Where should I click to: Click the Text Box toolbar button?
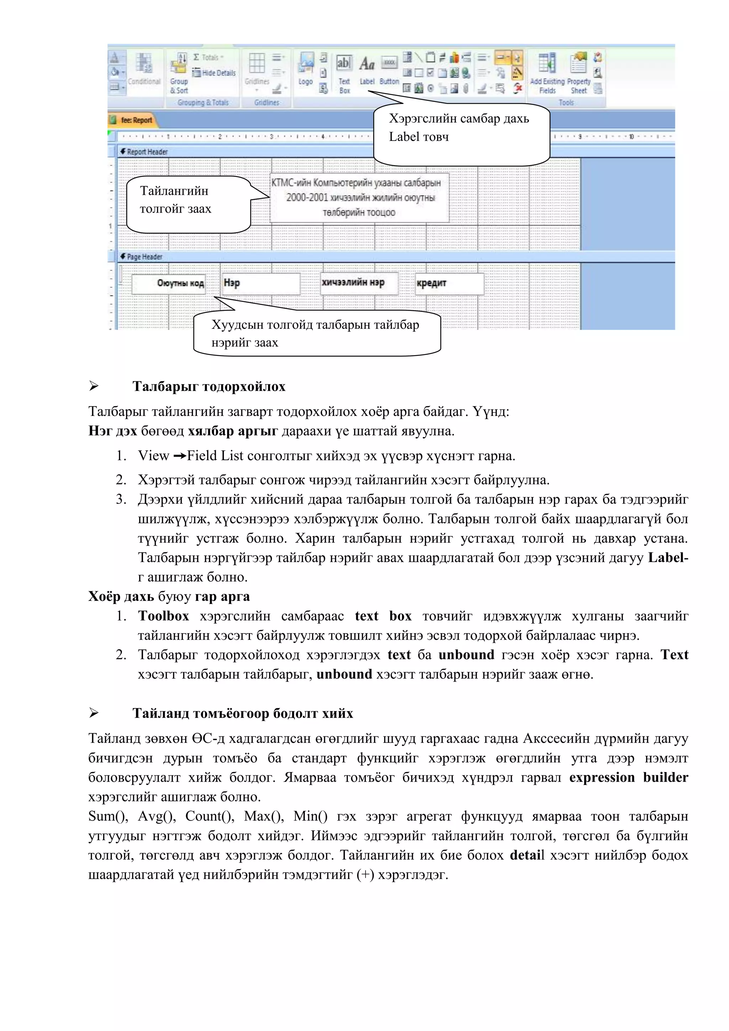(344, 72)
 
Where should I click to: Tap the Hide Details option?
(214, 73)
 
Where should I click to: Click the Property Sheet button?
(579, 72)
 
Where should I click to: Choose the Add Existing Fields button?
(547, 72)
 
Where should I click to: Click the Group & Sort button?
(179, 72)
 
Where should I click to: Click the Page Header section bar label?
(144, 256)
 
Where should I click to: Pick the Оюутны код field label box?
(169, 283)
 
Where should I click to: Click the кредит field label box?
(449, 283)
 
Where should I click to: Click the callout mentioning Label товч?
(461, 134)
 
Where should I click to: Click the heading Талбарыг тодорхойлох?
(209, 387)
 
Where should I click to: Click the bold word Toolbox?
(163, 616)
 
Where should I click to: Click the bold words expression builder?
(629, 778)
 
